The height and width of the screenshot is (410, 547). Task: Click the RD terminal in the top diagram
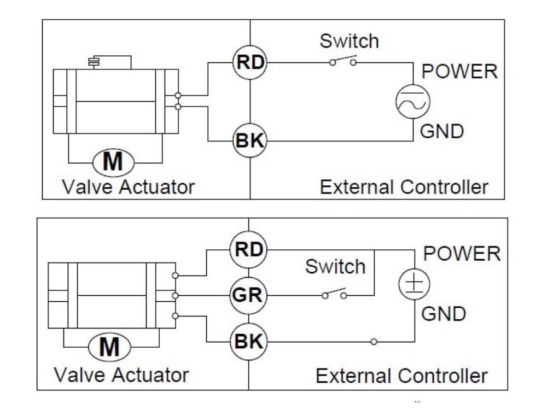coord(250,62)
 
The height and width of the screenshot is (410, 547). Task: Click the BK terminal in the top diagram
coord(250,141)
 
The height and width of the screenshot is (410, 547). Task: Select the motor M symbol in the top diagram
coord(114,162)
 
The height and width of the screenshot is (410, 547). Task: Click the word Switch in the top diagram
coord(349,40)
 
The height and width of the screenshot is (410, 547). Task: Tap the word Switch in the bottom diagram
coord(335,267)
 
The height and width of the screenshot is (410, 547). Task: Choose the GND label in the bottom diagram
coord(443,314)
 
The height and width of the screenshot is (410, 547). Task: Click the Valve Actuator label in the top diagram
coord(128,188)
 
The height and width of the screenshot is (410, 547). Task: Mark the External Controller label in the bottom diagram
coord(401,376)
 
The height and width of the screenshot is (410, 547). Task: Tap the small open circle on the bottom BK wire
coord(374,342)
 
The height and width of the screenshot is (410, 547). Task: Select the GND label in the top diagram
coord(441,132)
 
